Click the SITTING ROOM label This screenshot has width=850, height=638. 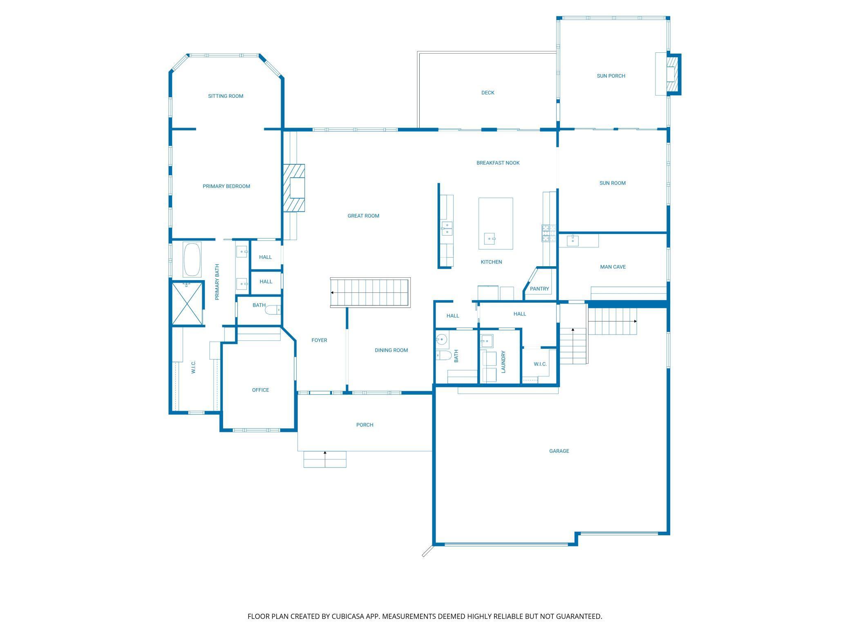pyautogui.click(x=226, y=96)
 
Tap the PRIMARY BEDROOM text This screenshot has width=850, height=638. pyautogui.click(x=226, y=186)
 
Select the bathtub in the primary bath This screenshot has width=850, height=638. pyautogui.click(x=192, y=260)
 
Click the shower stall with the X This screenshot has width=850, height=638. pyautogui.click(x=187, y=303)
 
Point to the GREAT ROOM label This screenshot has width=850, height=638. pyautogui.click(x=363, y=216)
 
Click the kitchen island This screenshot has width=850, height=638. pyautogui.click(x=496, y=223)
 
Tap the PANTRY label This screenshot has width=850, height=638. pyautogui.click(x=539, y=289)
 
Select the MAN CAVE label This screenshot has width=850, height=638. pyautogui.click(x=613, y=267)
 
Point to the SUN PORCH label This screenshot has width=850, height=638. pyautogui.click(x=611, y=76)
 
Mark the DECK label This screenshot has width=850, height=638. pyautogui.click(x=488, y=93)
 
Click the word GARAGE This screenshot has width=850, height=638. pyautogui.click(x=559, y=451)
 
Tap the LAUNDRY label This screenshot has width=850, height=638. pyautogui.click(x=503, y=362)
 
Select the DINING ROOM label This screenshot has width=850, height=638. pyautogui.click(x=391, y=350)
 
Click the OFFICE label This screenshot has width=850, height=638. pyautogui.click(x=261, y=390)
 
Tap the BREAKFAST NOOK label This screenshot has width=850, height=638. pyautogui.click(x=498, y=163)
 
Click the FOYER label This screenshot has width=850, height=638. pyautogui.click(x=319, y=340)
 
